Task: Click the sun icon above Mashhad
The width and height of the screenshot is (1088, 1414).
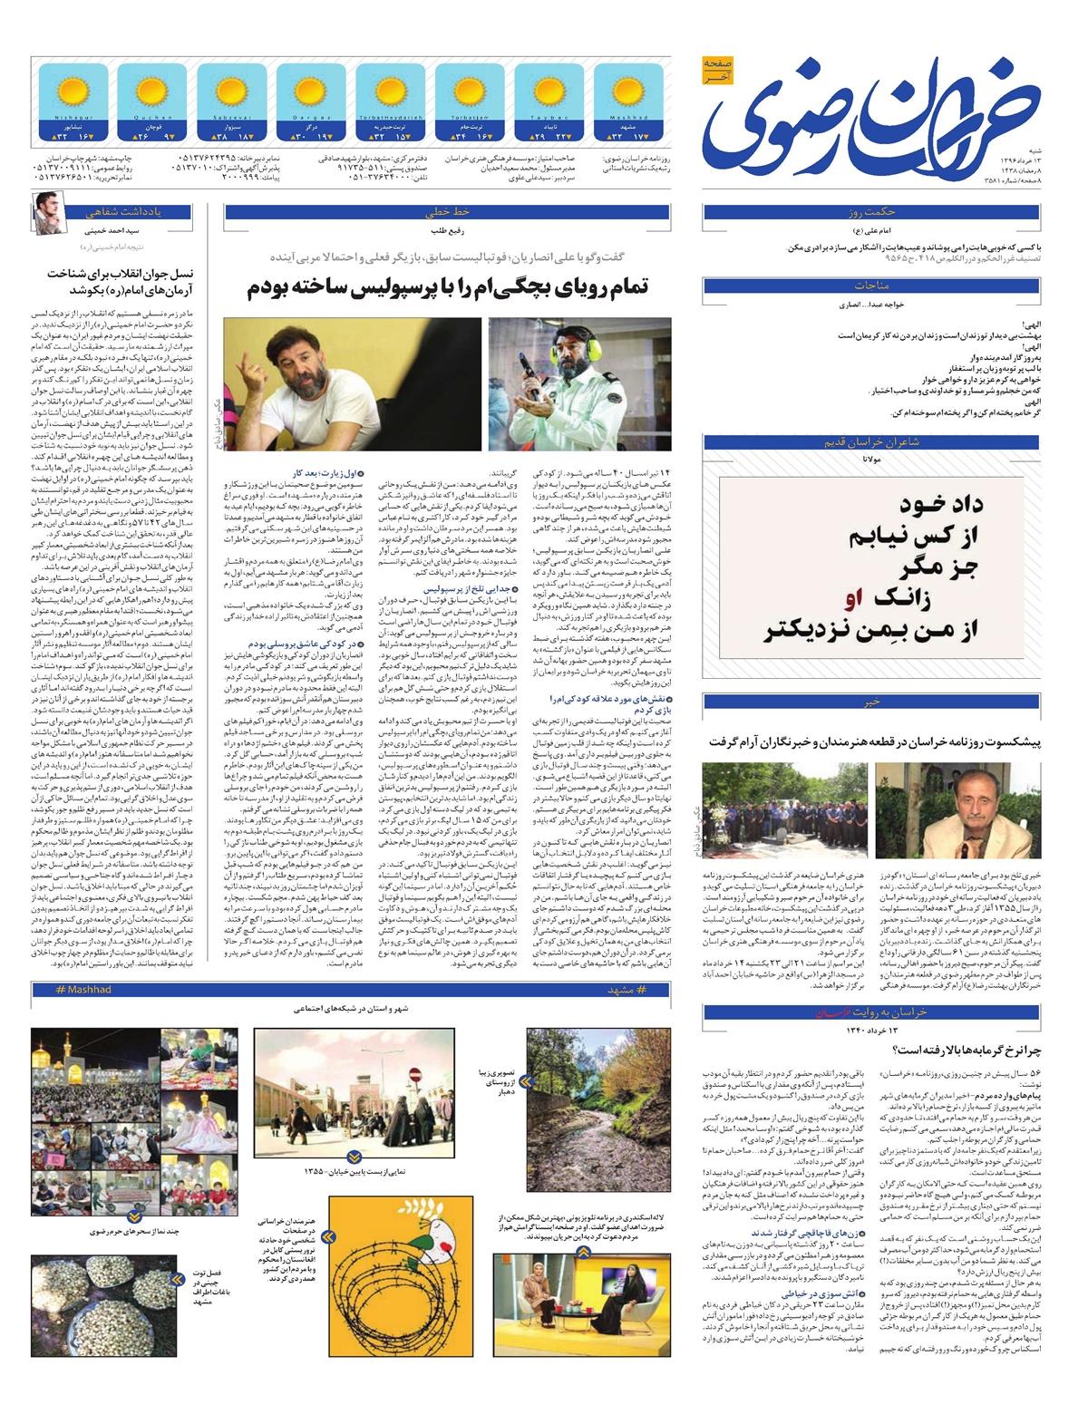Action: (x=628, y=92)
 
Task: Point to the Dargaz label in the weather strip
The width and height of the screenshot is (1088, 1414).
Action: (x=310, y=118)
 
